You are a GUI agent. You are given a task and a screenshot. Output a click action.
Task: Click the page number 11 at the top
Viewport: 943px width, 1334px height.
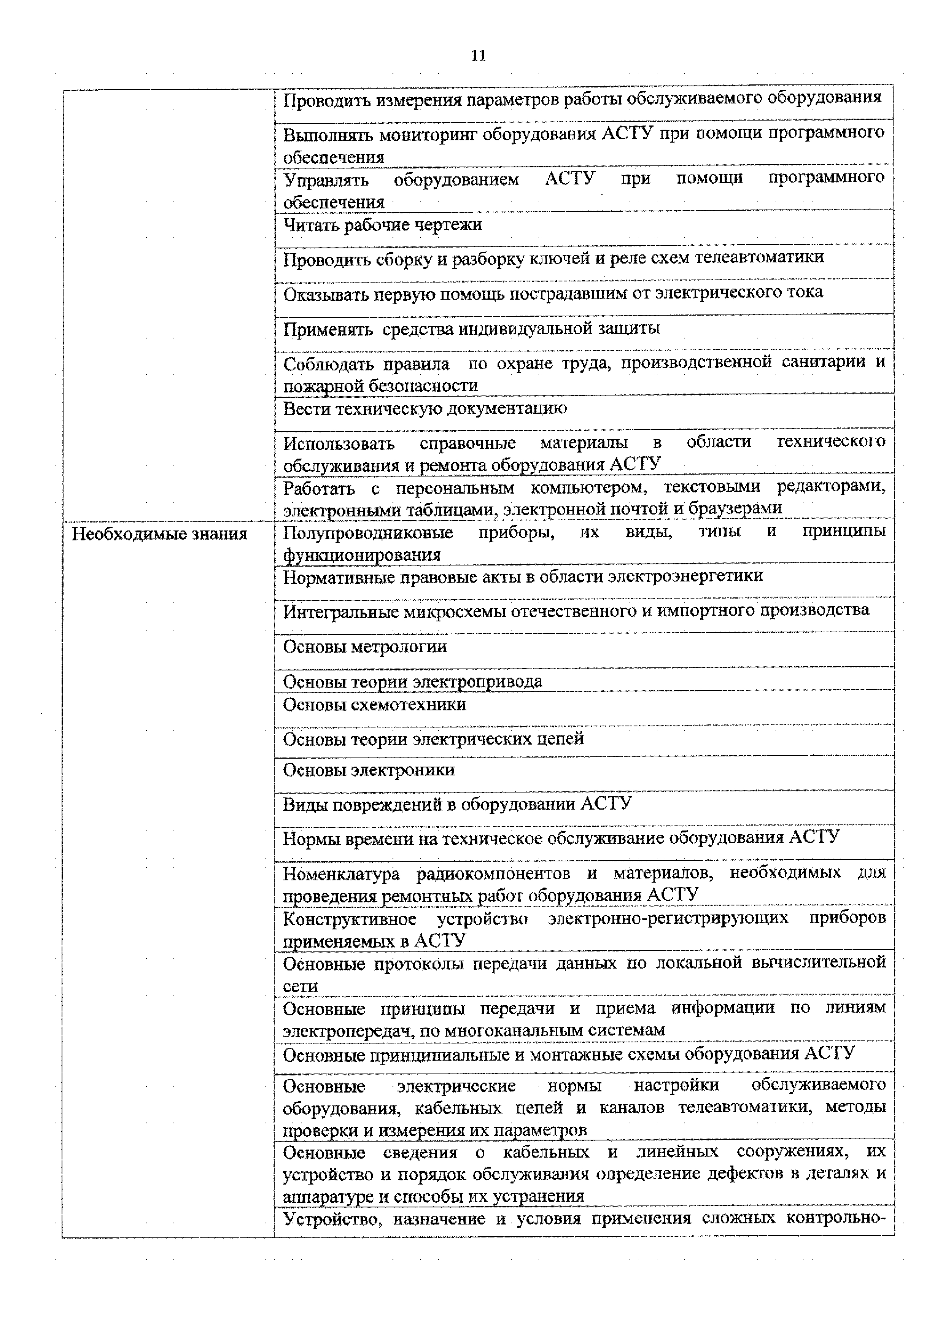[x=478, y=56]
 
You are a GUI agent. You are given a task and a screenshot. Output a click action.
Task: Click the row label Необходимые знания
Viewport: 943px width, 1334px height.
[x=159, y=534]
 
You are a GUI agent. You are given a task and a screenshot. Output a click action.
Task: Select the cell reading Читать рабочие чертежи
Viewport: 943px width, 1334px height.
[x=382, y=225]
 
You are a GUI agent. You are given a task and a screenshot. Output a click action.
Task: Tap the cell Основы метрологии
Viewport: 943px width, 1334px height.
[x=365, y=647]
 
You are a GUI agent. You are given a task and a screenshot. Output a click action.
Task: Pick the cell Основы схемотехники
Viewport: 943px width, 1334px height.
[x=374, y=705]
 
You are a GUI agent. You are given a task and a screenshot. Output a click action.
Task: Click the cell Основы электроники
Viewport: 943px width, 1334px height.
[x=368, y=770]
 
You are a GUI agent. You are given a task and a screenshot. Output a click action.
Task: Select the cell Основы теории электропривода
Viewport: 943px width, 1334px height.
[x=412, y=681]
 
